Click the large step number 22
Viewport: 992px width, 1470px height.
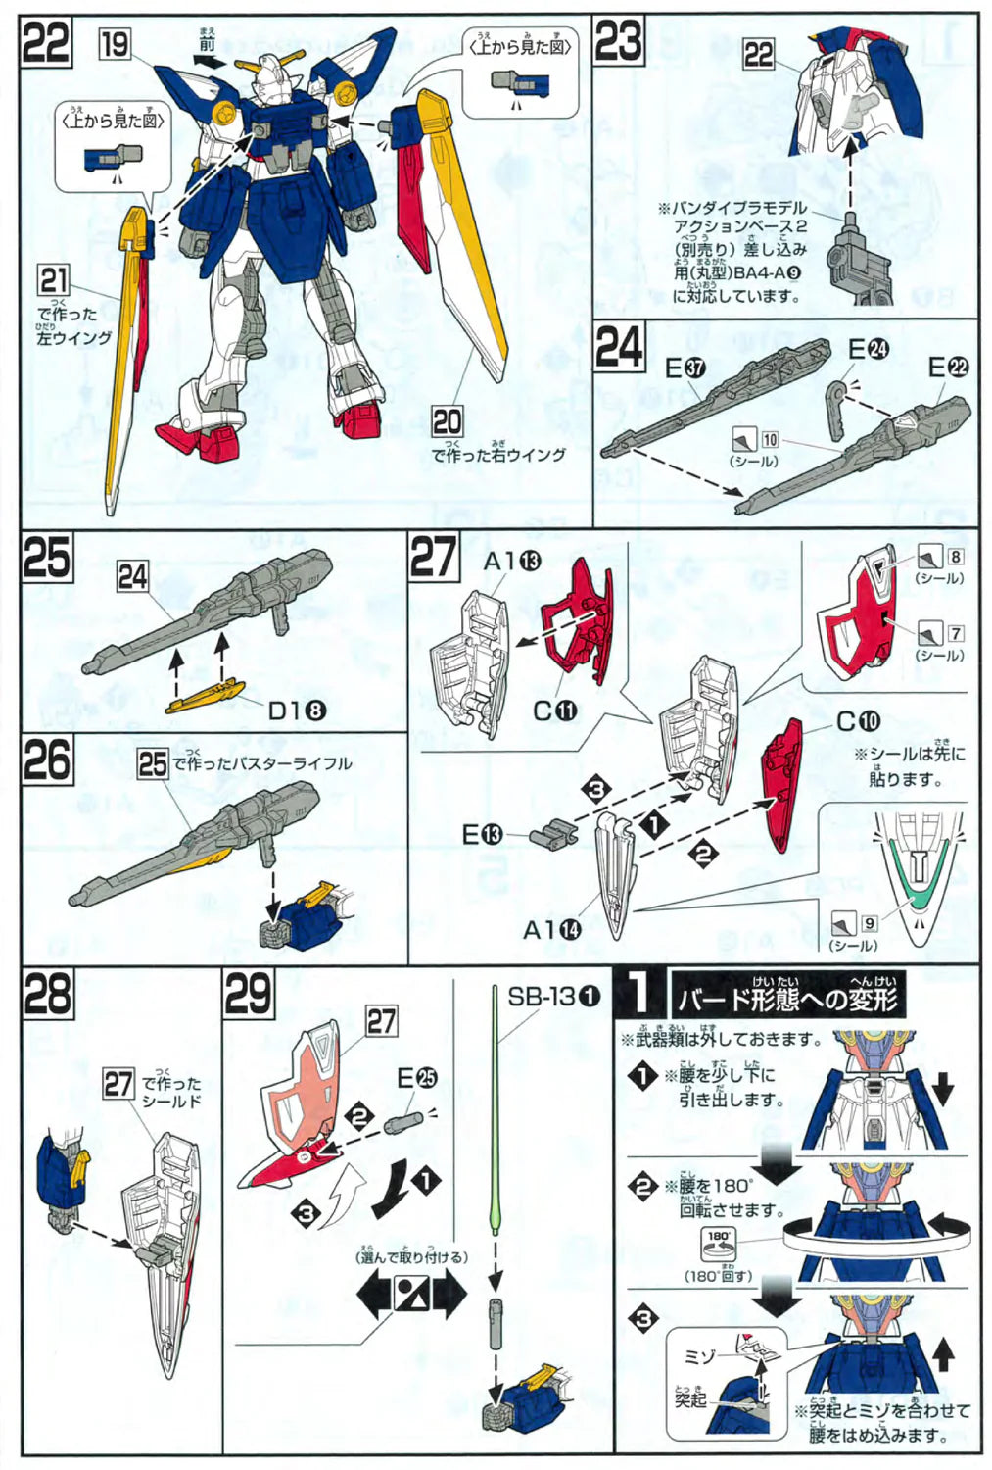point(46,43)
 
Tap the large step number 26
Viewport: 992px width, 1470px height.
point(47,760)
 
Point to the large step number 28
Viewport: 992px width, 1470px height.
point(47,995)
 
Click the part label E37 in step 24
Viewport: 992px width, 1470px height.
point(685,368)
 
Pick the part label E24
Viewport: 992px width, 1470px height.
point(868,349)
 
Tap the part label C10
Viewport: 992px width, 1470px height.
point(858,721)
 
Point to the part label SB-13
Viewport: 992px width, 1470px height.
point(553,997)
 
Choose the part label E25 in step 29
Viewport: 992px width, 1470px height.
point(416,1078)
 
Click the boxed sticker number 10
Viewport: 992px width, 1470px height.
point(770,440)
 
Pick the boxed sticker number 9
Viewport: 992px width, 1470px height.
point(869,923)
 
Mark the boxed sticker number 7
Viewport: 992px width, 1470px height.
point(955,633)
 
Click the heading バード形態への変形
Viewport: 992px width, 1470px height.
point(786,999)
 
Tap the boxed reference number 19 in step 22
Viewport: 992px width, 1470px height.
point(115,44)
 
